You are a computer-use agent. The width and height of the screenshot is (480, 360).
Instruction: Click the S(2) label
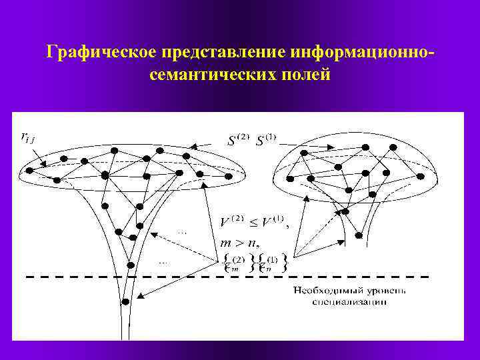click(238, 140)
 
